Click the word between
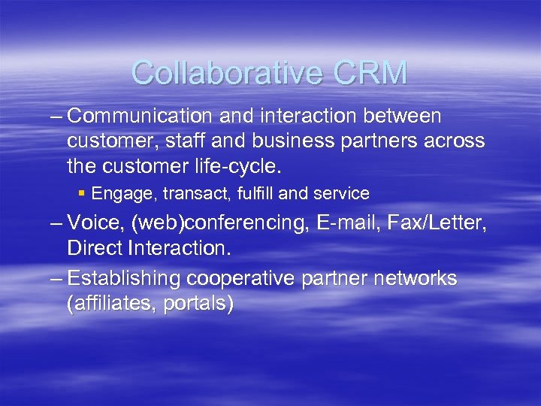(x=408, y=117)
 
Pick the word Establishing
(x=124, y=278)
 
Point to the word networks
(x=416, y=278)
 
